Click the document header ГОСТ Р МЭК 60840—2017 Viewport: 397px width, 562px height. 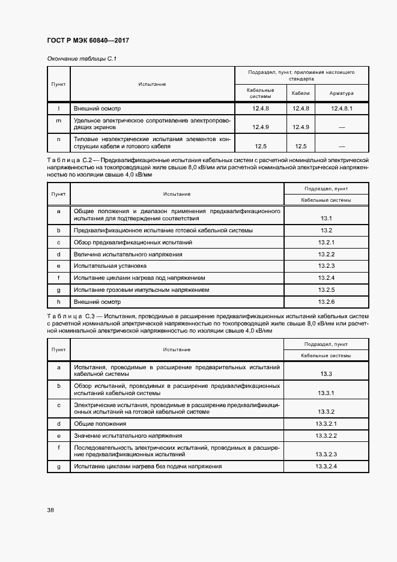click(x=88, y=40)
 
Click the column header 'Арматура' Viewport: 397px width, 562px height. click(x=342, y=94)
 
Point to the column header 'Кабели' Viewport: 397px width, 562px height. click(x=300, y=94)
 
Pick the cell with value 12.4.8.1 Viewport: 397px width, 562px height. click(x=342, y=109)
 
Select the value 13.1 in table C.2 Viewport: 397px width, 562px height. click(x=326, y=219)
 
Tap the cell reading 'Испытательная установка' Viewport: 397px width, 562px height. click(x=110, y=265)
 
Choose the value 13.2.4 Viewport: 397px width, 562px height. click(x=326, y=278)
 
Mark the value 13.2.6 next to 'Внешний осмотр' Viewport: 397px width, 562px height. click(x=326, y=301)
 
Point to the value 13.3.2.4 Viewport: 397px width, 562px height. click(x=326, y=467)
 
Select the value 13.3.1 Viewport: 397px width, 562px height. click(x=326, y=393)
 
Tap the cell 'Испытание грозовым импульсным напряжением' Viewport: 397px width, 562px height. click(x=141, y=289)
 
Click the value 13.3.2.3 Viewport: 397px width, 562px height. click(x=326, y=455)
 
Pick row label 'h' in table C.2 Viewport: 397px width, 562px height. click(x=58, y=301)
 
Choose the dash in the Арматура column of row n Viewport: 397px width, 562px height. click(x=342, y=146)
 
